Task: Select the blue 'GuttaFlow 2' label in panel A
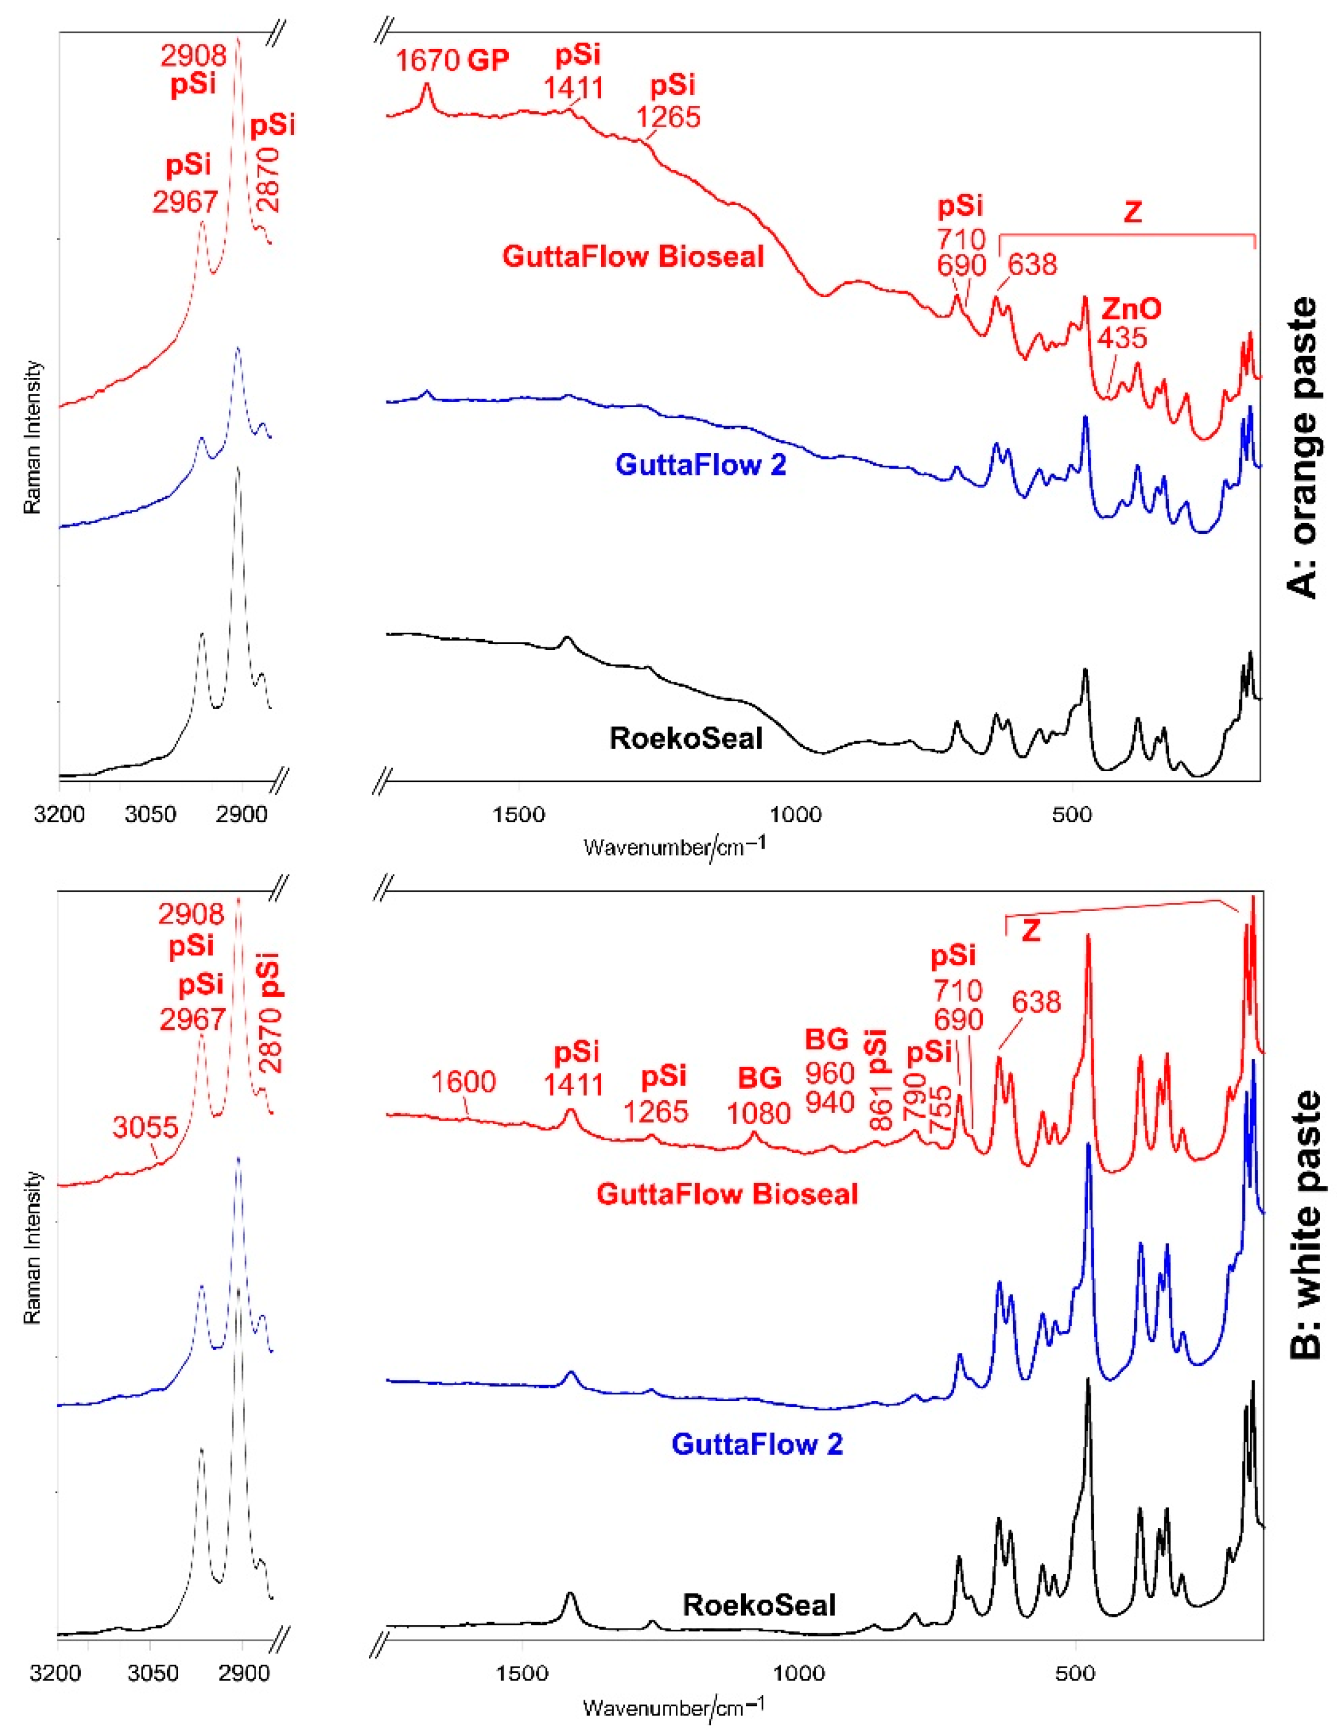(x=700, y=464)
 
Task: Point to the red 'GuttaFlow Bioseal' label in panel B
(x=727, y=1194)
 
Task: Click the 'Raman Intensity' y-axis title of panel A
(x=33, y=437)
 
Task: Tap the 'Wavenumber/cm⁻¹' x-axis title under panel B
(x=674, y=1705)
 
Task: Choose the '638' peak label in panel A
(x=1031, y=264)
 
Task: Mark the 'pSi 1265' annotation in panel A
(x=669, y=102)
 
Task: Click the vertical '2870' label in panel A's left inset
(x=270, y=180)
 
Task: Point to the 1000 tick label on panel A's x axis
(x=795, y=814)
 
